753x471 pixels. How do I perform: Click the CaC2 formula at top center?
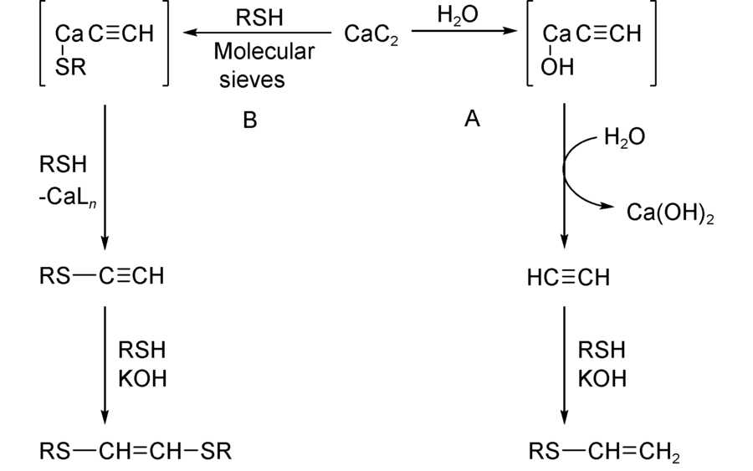371,36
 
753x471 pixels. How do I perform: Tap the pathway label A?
473,120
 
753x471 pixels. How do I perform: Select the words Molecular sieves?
264,65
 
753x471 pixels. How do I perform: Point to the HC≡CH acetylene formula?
569,277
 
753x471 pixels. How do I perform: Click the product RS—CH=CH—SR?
135,452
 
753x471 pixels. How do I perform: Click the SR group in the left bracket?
70,68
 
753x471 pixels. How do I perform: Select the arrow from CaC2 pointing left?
258,33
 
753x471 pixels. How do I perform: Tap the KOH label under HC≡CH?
602,378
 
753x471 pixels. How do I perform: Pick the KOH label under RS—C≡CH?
142,378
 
